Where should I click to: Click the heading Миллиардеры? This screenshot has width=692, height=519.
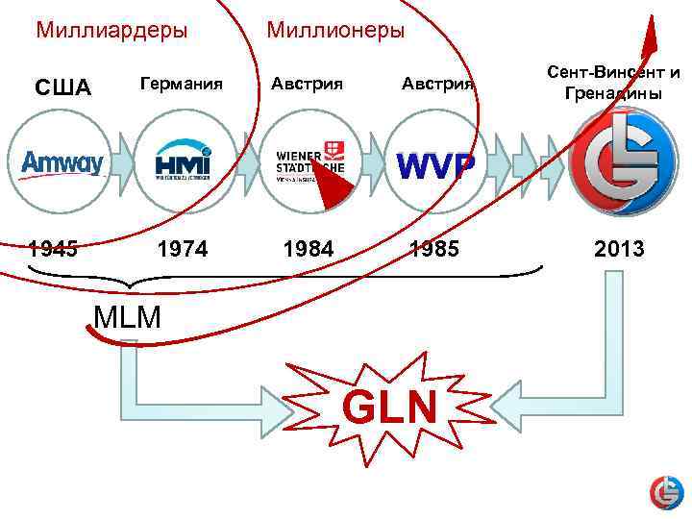pos(111,30)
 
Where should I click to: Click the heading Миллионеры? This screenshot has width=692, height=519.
pos(335,30)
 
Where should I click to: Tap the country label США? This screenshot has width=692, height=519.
pos(63,87)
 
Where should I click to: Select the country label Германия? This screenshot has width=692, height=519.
pos(183,84)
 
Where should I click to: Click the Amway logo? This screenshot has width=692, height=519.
pos(62,163)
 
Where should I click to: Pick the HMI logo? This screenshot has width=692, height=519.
pos(184,163)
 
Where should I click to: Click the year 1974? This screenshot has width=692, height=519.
pos(184,250)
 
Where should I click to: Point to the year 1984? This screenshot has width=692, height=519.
pos(309,250)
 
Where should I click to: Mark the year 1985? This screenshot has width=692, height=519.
pos(434,250)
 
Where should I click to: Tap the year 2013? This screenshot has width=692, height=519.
pos(619,250)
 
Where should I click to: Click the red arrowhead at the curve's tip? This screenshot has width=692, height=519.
pos(651,37)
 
